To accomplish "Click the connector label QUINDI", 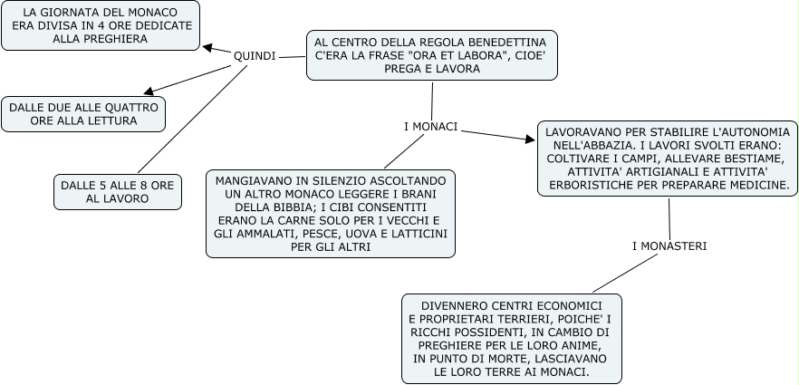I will point(255,56).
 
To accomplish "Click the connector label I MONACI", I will point(430,125).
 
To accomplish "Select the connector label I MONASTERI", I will point(669,245).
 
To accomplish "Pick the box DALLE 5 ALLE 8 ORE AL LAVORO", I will point(117,191).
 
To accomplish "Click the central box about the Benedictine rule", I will point(430,56).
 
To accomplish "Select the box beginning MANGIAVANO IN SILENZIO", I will point(331,214).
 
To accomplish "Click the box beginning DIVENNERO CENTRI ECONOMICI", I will point(512,336).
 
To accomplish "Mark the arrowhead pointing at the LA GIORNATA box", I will point(207,48).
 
